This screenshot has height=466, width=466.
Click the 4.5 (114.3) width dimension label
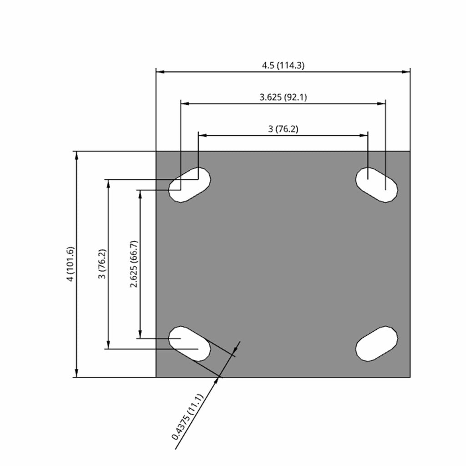pos(283,66)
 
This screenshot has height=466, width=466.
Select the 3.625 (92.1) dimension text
pos(283,97)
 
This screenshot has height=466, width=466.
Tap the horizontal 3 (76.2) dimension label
pos(283,129)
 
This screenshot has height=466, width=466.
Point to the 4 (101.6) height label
pos(71,264)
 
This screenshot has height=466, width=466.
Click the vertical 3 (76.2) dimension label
pos(102,264)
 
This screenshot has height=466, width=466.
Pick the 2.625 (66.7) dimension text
pos(134,264)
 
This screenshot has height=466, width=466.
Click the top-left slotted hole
pos(190,185)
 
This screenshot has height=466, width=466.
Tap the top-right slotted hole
pos(376,185)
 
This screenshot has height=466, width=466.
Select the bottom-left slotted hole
pos(190,344)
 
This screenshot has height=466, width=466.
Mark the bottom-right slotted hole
pos(376,344)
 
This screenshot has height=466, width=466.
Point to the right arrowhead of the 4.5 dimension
pos(405,71)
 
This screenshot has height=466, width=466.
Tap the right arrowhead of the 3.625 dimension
pos(381,103)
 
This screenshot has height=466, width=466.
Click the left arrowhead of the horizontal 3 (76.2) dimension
pos(203,135)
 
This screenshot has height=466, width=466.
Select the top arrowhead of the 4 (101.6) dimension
pos(76,156)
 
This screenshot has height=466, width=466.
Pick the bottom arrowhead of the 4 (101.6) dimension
pos(76,373)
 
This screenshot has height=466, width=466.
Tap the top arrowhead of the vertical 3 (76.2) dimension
pos(108,184)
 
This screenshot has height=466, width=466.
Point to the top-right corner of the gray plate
pos(410,151)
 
